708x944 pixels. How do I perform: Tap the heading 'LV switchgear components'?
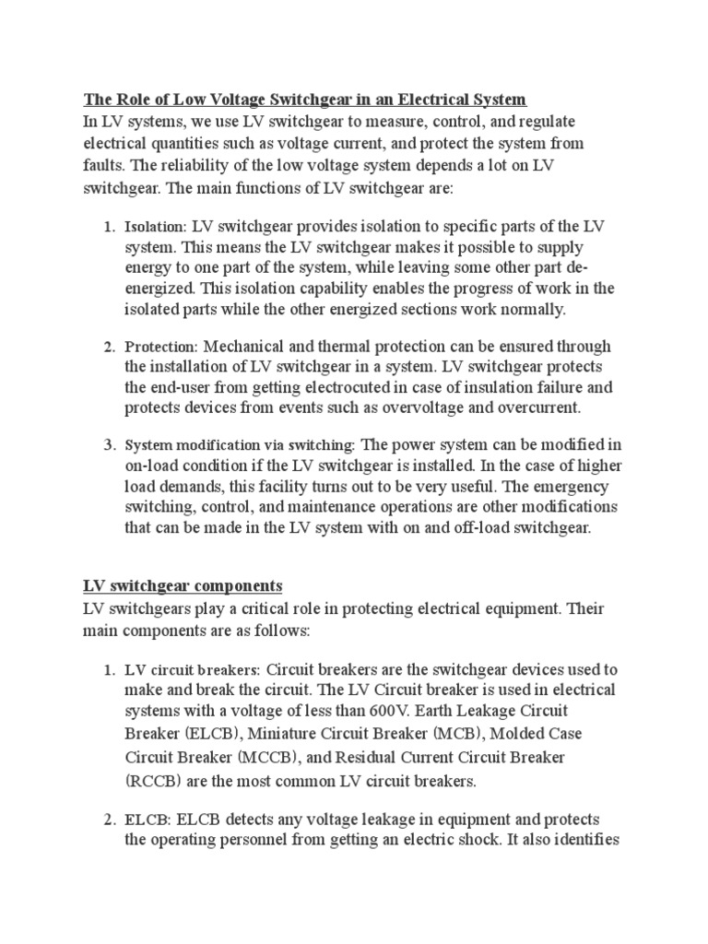[183, 586]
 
